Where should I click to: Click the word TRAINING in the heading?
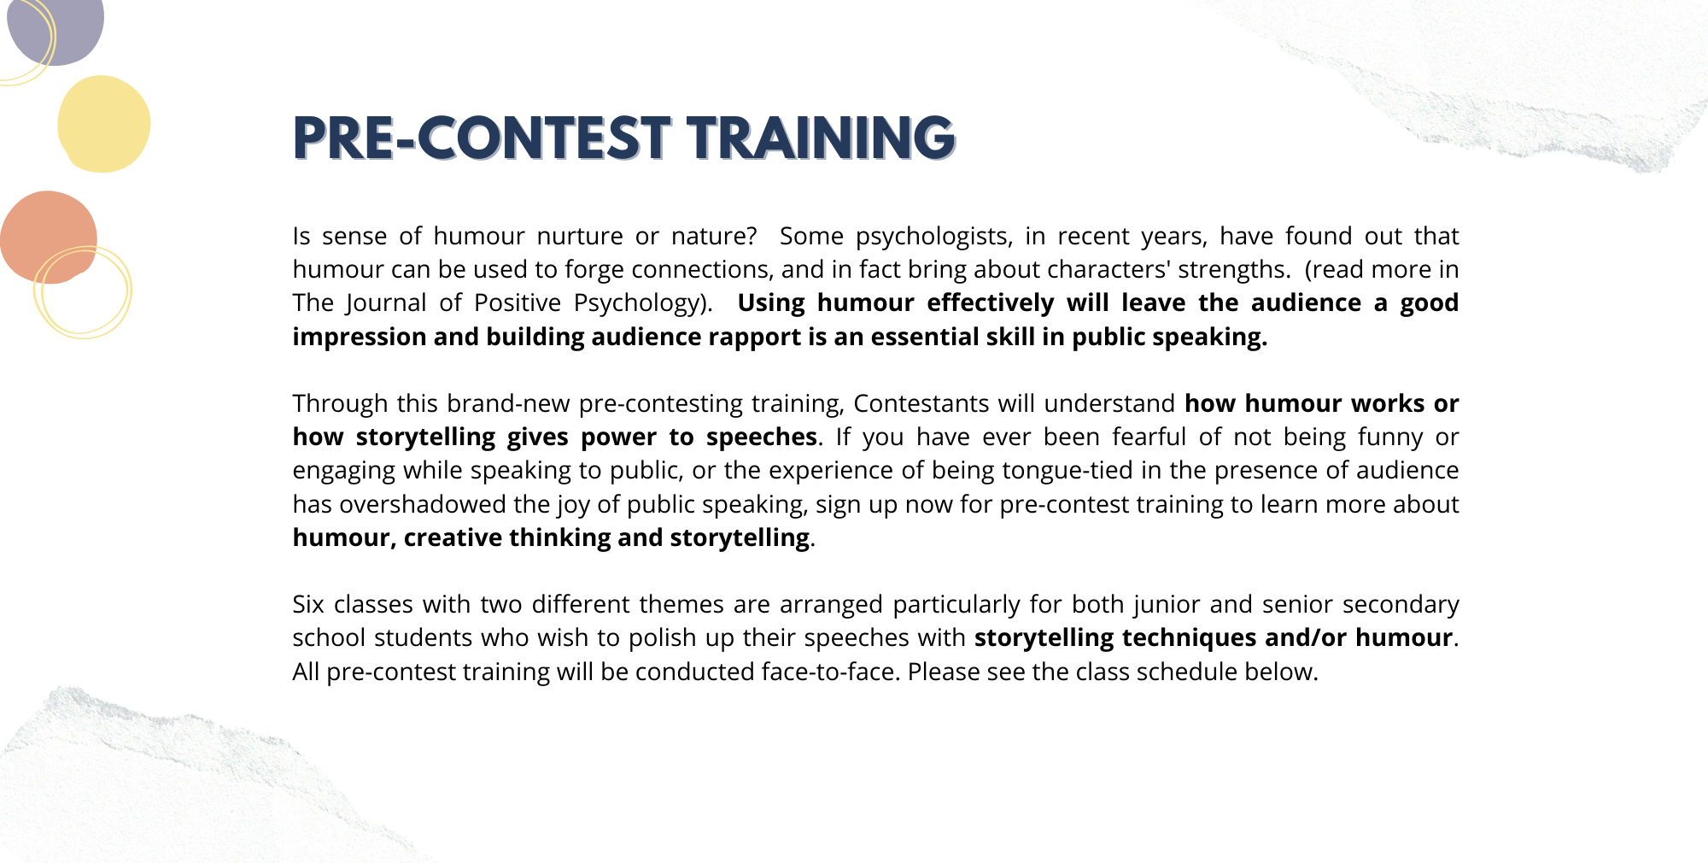[x=822, y=138]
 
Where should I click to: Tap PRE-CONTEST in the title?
[x=482, y=138]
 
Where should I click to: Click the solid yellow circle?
[x=104, y=124]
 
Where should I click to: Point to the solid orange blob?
[x=48, y=237]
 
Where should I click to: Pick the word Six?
[x=308, y=604]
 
